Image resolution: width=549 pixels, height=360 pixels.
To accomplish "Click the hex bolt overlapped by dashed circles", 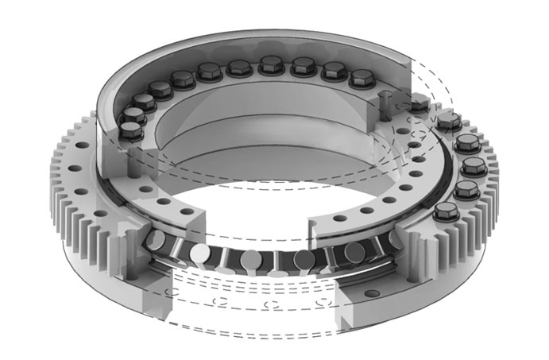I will point(419,103).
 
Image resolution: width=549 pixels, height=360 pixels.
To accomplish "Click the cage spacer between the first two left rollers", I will point(179,250).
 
